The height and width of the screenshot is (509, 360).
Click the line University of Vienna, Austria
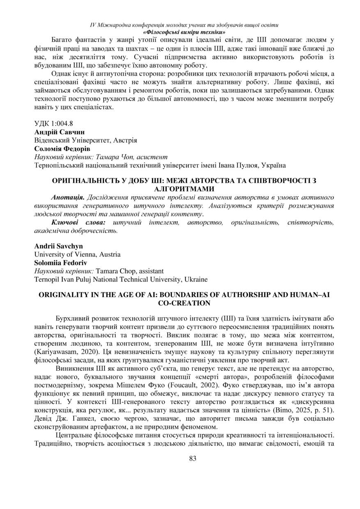(x=77, y=254)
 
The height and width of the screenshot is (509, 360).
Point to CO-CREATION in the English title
(x=184, y=303)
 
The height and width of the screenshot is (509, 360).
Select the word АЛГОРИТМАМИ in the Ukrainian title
(x=184, y=188)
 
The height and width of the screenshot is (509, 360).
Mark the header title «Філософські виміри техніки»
(x=184, y=32)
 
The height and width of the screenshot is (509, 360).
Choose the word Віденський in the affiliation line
(x=52, y=140)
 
